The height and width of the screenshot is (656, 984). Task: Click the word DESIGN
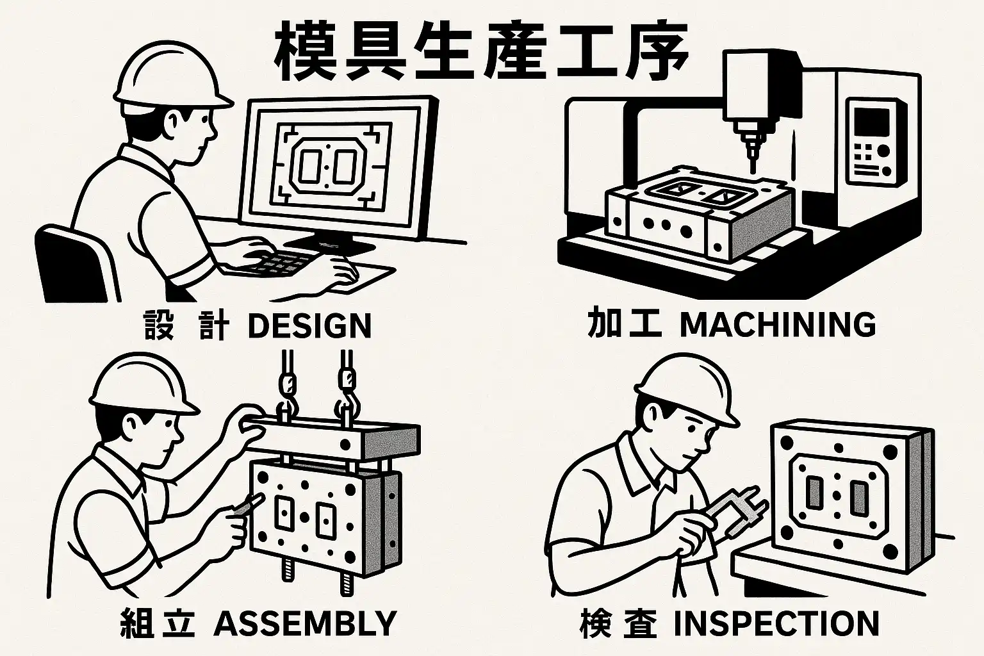pos(309,326)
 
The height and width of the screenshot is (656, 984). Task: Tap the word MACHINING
pos(777,325)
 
